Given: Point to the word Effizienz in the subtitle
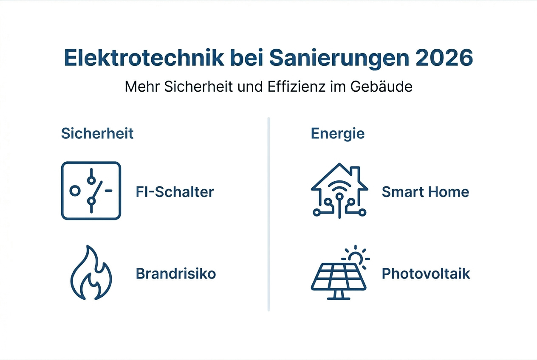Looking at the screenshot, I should coord(288,87).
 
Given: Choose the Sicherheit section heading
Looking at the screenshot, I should coord(97,133).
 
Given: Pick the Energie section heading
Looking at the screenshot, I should coord(338,133).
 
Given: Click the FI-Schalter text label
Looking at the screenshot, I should coord(175,192).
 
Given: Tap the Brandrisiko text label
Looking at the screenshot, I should coord(176,274).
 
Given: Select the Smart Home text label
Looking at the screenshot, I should coord(425,192).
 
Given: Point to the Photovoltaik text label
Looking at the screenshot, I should coord(426,274).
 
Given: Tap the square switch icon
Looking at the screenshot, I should coord(91,191).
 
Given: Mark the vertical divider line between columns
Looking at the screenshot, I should coord(268,214).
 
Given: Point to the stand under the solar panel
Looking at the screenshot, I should coord(339,294).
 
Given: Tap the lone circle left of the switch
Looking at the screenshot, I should coord(75,191).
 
